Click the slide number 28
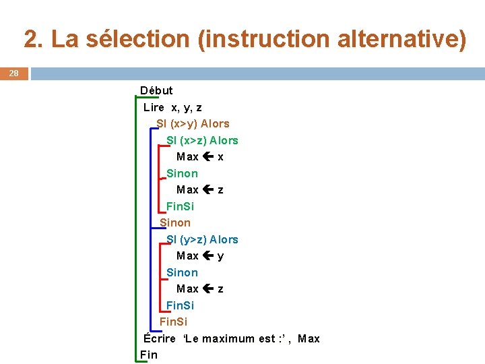click(x=13, y=73)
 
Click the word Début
click(x=156, y=90)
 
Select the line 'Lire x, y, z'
click(x=172, y=107)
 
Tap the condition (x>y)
click(x=184, y=123)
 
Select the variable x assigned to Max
click(x=221, y=156)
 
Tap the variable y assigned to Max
click(x=221, y=256)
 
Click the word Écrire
click(x=160, y=338)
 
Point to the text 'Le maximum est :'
click(x=231, y=338)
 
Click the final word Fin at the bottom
click(x=148, y=355)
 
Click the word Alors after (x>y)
click(x=215, y=123)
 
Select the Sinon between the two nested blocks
click(x=175, y=222)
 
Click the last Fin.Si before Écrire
click(x=173, y=322)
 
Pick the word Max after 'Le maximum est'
click(x=309, y=338)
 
